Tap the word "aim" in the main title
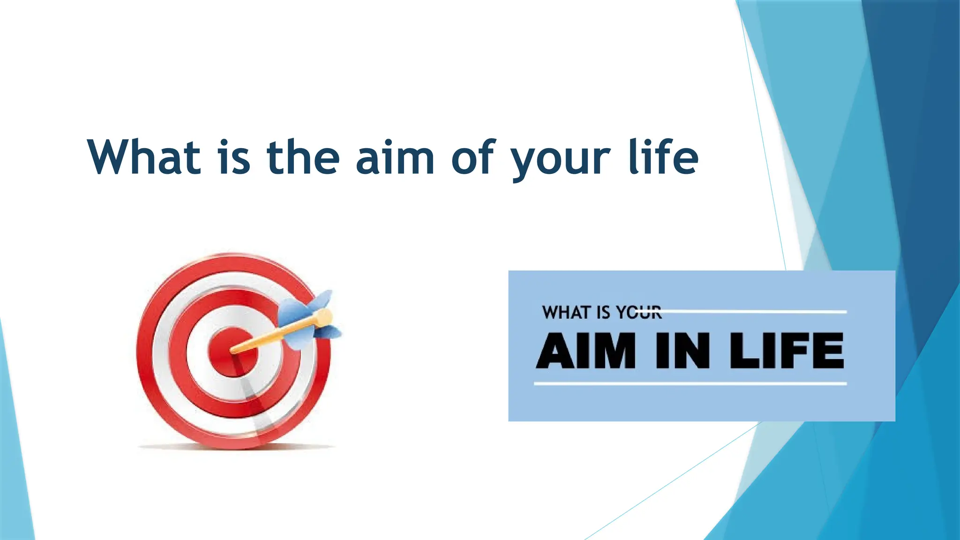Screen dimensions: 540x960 point(395,158)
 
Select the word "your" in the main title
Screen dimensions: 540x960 point(561,159)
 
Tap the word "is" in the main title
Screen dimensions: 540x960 point(234,158)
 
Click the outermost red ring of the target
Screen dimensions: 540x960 point(145,352)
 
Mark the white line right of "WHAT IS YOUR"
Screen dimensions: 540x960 point(755,311)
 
